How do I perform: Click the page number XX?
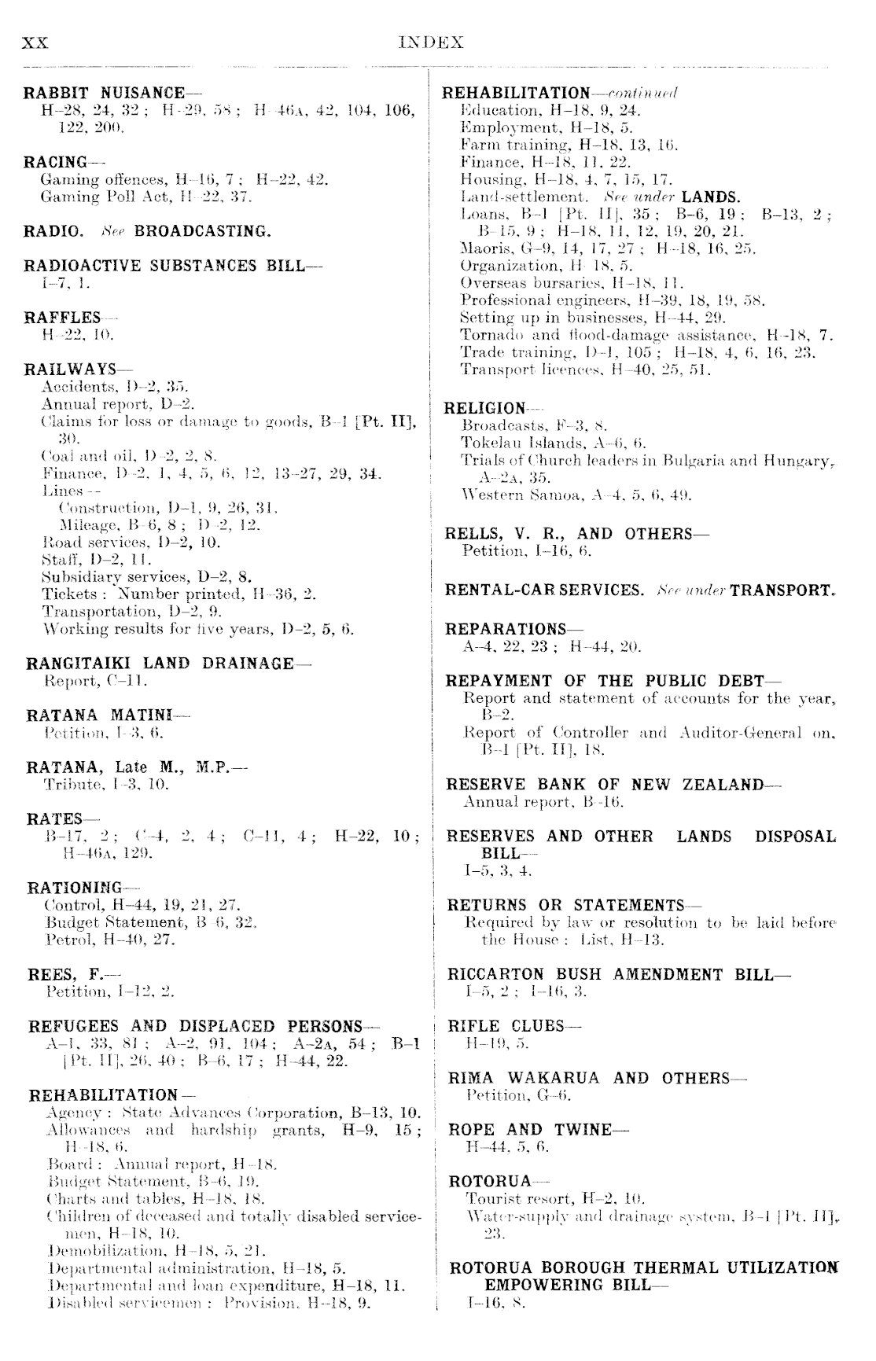tap(36, 43)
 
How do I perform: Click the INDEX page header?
tap(432, 42)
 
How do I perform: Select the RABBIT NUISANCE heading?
tap(105, 93)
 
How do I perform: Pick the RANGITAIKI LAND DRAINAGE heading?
tap(160, 663)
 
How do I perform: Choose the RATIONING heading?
tap(75, 888)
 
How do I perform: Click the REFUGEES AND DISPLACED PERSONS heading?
tap(195, 1026)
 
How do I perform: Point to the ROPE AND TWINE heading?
tap(530, 1129)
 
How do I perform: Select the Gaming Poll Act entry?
tap(145, 197)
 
